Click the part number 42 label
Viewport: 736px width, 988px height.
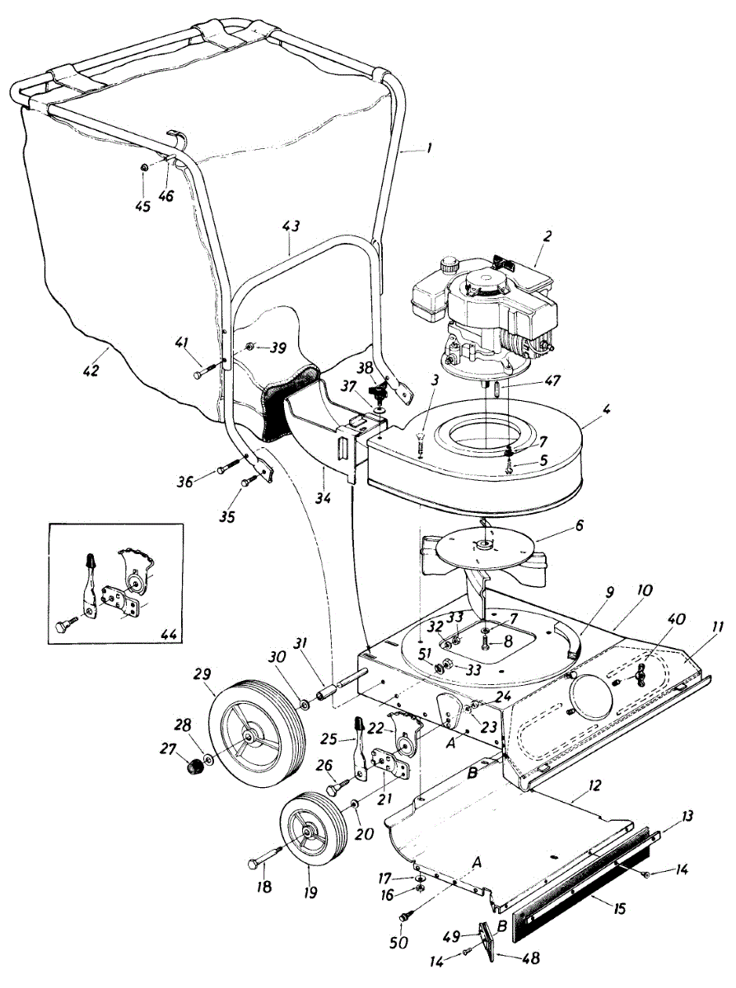(91, 370)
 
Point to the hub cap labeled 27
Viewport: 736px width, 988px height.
(193, 767)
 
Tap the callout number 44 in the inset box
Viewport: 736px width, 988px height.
(170, 633)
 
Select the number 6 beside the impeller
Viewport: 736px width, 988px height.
(579, 525)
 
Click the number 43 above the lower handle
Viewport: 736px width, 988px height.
(291, 226)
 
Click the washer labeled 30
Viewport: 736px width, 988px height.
(306, 705)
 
